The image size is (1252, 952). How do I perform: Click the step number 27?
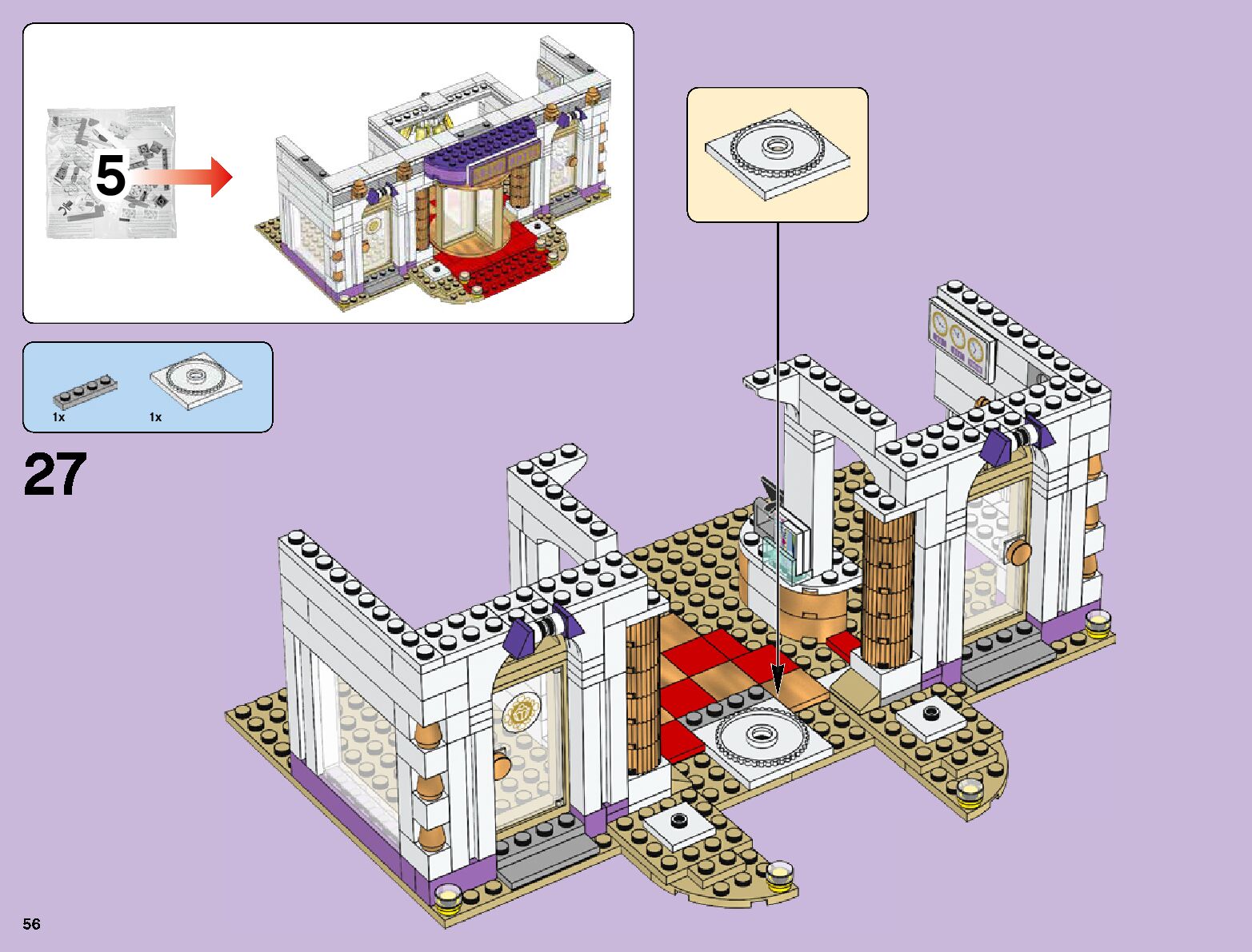[55, 475]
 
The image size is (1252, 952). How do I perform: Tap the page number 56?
[32, 924]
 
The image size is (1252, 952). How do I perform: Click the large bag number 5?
[110, 176]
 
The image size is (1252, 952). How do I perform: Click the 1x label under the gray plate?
[59, 417]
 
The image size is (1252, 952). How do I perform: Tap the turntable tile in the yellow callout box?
[775, 153]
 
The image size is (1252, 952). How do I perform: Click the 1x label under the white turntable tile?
[155, 417]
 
